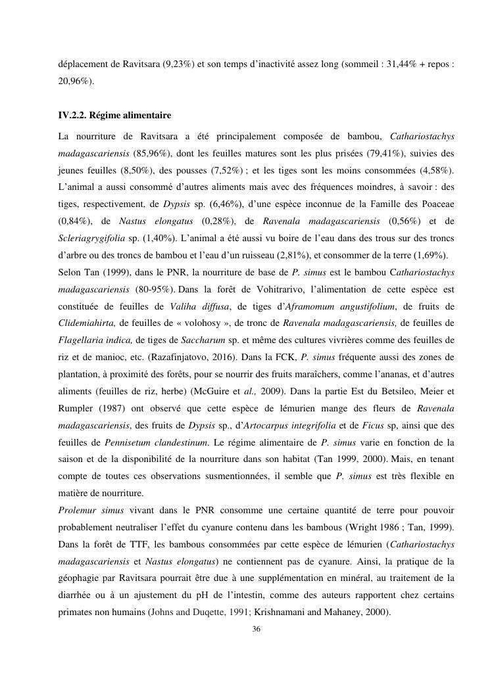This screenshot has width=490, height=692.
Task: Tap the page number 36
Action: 257,629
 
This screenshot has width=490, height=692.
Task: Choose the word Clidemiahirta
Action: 86,323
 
